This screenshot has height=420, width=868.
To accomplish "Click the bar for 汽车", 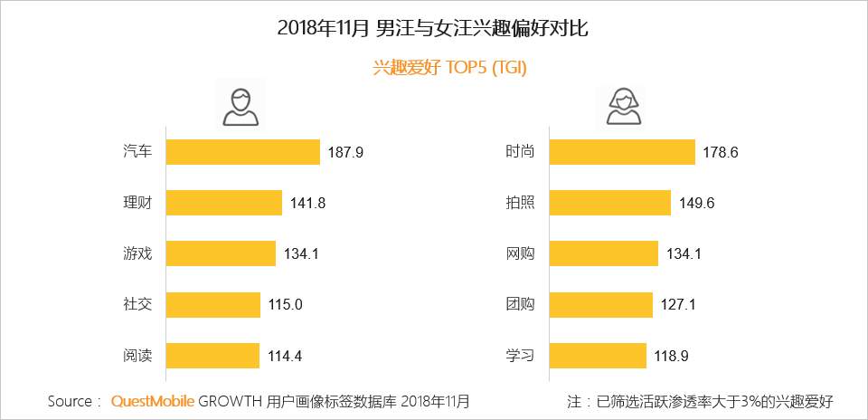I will click(x=243, y=152).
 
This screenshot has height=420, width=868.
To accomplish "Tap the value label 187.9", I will click(x=344, y=153).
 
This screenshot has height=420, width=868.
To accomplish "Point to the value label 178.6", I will click(x=721, y=153).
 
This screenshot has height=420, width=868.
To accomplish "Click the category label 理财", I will click(x=137, y=203).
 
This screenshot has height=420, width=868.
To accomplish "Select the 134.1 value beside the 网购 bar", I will click(x=684, y=254).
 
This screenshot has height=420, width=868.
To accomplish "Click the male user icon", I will click(x=240, y=107).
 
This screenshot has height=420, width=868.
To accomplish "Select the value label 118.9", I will click(x=671, y=356).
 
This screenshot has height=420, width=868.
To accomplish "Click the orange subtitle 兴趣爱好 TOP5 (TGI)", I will click(x=450, y=69).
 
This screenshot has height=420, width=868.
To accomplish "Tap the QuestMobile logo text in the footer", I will click(x=152, y=400).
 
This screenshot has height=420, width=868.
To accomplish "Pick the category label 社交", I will click(x=137, y=305).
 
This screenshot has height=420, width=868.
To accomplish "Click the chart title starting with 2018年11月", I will click(x=433, y=28).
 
